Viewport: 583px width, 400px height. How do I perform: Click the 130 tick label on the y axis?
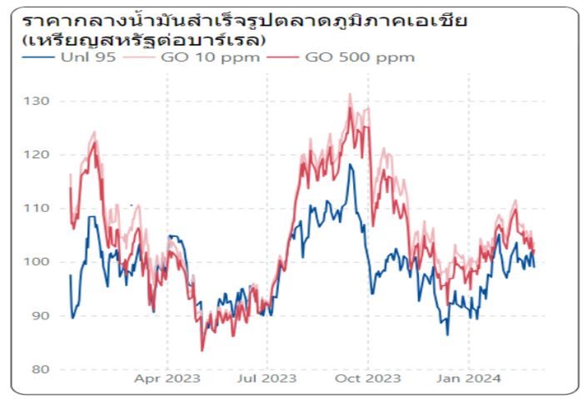(x=39, y=101)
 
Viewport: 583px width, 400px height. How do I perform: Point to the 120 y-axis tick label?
(x=39, y=155)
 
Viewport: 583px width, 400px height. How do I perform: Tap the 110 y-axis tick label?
(x=39, y=209)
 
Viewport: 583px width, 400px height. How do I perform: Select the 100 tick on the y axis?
(x=39, y=262)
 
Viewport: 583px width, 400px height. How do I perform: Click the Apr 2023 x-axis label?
(x=167, y=378)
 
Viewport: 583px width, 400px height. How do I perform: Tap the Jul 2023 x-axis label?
(x=267, y=378)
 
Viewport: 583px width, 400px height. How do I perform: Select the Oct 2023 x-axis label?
(x=367, y=378)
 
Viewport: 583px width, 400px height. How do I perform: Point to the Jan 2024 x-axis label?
(x=469, y=378)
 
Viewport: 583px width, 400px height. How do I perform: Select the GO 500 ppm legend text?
(x=360, y=57)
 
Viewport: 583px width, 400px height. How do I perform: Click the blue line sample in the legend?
(x=37, y=57)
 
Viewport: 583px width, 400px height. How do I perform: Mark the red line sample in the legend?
(x=283, y=57)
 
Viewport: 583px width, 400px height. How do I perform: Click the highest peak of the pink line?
(x=350, y=94)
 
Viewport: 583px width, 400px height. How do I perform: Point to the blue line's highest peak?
(x=350, y=165)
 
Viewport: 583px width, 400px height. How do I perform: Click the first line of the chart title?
(x=244, y=19)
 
